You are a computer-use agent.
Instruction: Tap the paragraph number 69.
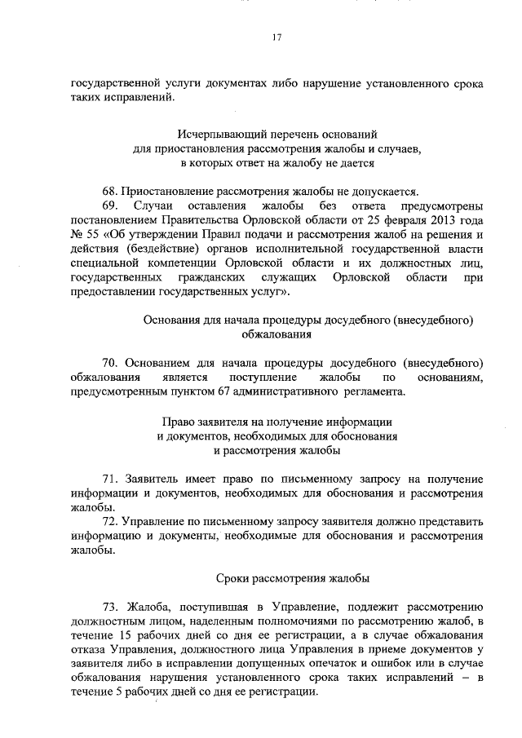[111, 206]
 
